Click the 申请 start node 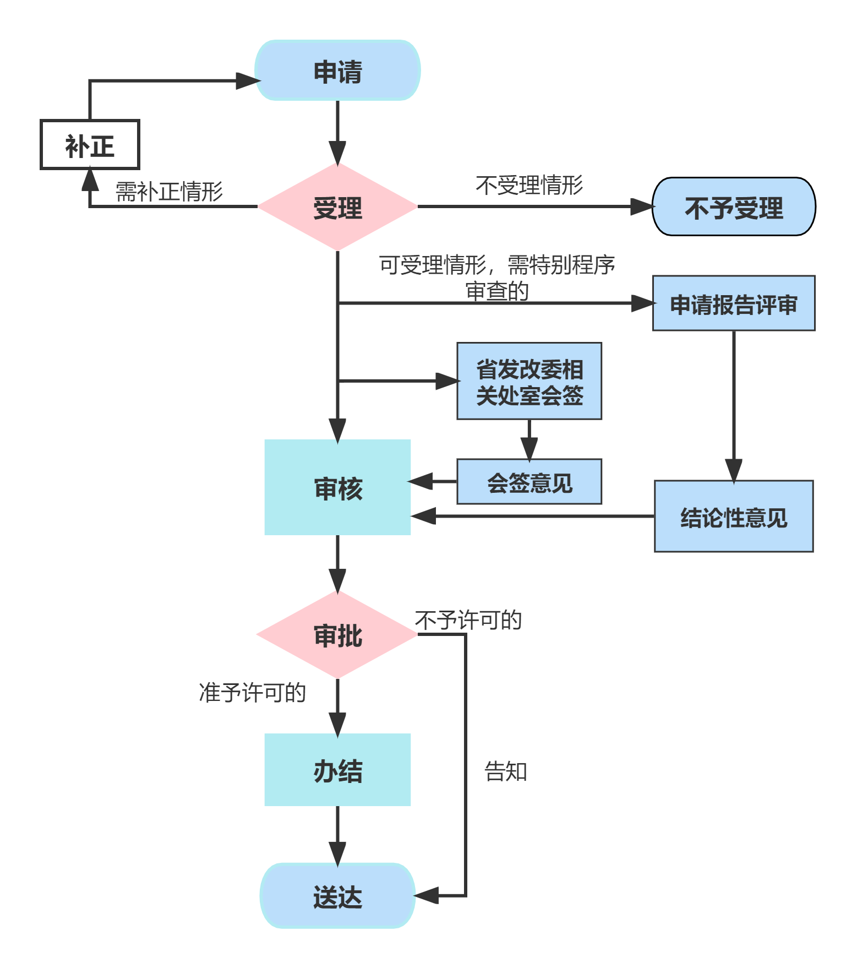[337, 70]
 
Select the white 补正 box [90, 145]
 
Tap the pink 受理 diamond [337, 207]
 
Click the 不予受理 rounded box [734, 207]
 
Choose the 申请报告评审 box [734, 303]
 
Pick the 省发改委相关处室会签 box [529, 381]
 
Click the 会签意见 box [529, 482]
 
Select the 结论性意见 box [734, 516]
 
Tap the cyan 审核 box [337, 487]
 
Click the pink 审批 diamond [337, 634]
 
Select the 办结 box [337, 770]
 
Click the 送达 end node [337, 896]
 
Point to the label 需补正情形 [169, 192]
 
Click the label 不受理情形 [529, 186]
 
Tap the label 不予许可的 [468, 620]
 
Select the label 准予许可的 [252, 693]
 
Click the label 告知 [505, 771]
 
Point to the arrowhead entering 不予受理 [642, 207]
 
